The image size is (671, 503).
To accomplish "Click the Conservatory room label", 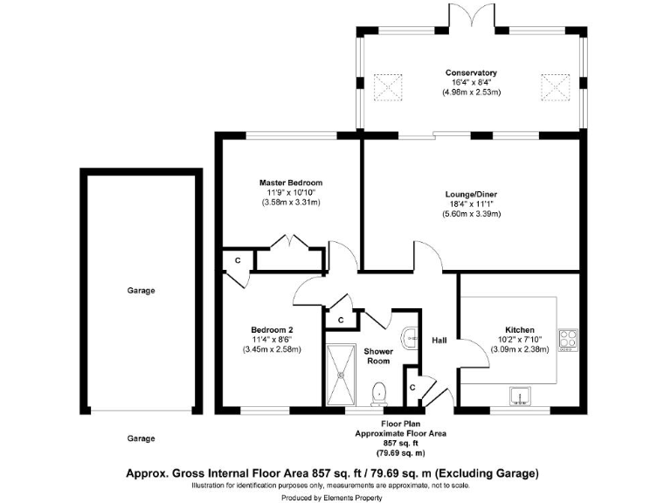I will click(x=471, y=72).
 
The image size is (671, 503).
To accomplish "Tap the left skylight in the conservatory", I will click(x=387, y=86).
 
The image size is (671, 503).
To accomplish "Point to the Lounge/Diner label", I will click(x=471, y=194).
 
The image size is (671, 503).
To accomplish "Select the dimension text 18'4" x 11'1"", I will click(x=471, y=203).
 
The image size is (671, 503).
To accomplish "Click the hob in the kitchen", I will click(x=568, y=339).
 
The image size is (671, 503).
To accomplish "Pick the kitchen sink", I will click(x=521, y=395).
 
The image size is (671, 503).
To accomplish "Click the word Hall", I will click(x=439, y=340).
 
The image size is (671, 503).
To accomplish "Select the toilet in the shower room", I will click(x=378, y=394).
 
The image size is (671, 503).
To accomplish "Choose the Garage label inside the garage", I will click(x=140, y=291).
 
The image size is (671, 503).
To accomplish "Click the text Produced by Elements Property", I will click(x=335, y=494).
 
